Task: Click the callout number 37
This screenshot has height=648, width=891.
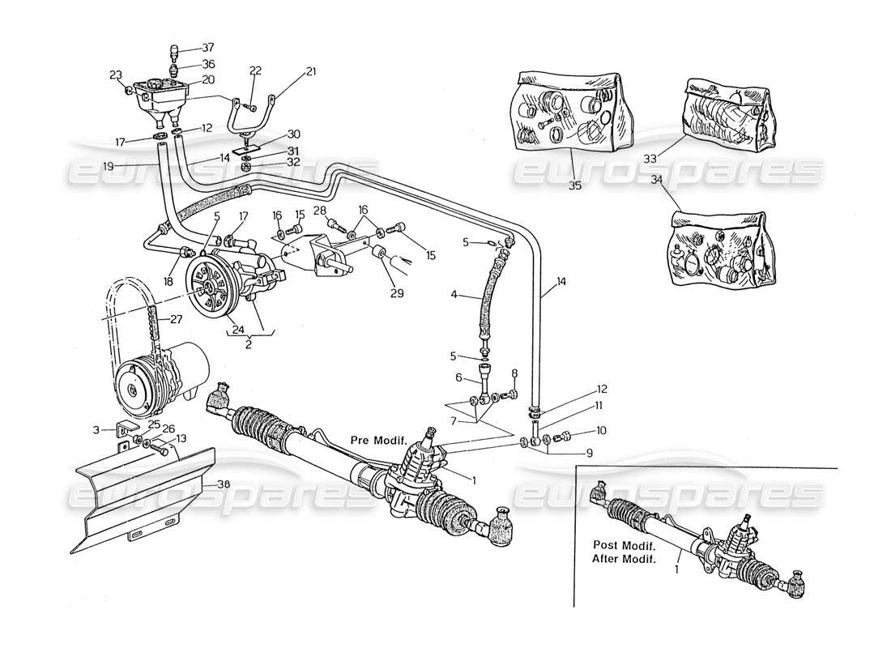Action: pyautogui.click(x=186, y=48)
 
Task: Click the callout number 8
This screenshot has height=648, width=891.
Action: pyautogui.click(x=514, y=373)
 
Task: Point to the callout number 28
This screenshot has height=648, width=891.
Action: pyautogui.click(x=320, y=211)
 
